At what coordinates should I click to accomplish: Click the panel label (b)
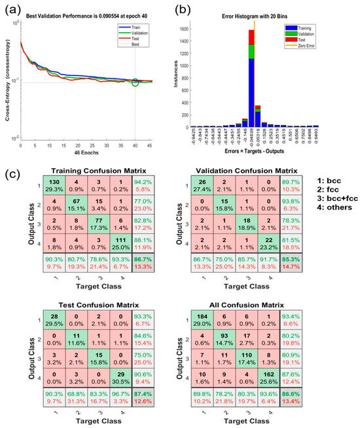pos(190,9)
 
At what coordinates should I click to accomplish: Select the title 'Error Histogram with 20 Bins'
pos(264,12)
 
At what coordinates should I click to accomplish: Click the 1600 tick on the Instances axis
pos(208,29)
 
